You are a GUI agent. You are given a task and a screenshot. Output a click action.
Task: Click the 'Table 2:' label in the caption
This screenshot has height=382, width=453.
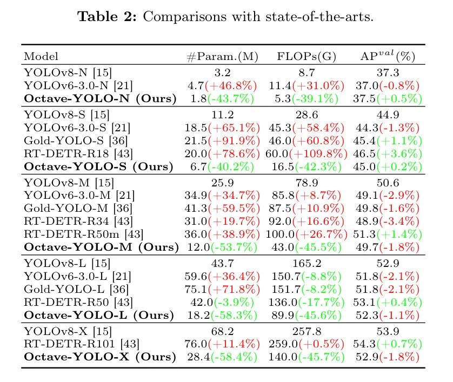coord(108,17)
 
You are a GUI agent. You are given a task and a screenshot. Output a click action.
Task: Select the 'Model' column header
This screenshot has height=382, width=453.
coord(42,57)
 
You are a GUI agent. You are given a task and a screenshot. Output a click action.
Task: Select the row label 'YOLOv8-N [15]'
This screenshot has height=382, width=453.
coord(68,72)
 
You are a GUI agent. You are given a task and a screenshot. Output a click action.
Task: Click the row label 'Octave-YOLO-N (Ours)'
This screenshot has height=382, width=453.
coord(100,99)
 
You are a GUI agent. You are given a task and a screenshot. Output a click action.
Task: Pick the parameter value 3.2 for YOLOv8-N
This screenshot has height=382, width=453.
coord(222,72)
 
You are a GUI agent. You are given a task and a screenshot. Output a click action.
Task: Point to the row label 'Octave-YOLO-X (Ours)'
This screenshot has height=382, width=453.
coord(100,357)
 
